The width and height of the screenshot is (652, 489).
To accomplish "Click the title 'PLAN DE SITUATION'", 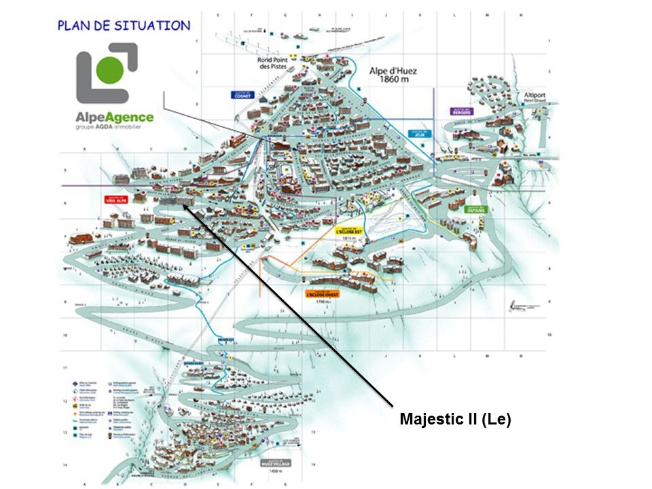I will coord(124,26).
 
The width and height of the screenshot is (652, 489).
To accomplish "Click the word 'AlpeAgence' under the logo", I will coord(114,117).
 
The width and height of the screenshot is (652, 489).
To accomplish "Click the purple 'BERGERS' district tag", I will coord(460,110).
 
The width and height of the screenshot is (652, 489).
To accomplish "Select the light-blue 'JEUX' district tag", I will coord(420,133).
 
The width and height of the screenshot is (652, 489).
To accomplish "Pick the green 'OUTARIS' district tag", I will coord(476,210).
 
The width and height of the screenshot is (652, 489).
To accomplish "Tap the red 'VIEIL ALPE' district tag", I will coord(117,200).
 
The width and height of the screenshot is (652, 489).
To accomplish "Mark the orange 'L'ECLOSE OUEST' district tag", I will coord(322,294).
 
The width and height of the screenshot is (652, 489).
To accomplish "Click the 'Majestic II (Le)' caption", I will coord(454,419).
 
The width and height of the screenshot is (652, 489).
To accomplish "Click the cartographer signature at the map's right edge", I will coord(525,307).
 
